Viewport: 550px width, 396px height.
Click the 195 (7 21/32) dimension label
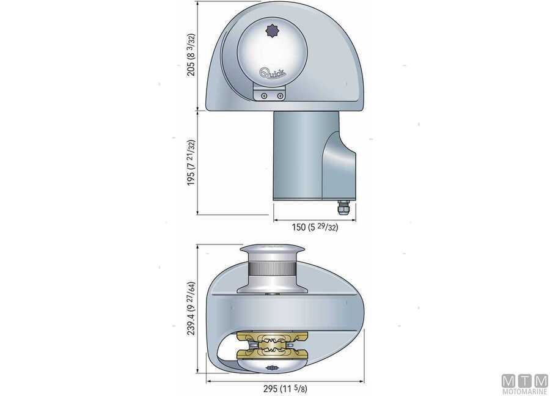point(192,163)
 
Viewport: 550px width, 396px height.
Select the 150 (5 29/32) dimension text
point(315,227)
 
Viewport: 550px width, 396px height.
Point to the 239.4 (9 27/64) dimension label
point(192,309)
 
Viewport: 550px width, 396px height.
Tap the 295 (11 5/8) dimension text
point(286,388)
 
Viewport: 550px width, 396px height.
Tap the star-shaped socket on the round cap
point(272,30)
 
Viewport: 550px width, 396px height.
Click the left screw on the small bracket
point(263,96)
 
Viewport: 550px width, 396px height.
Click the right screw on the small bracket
point(280,96)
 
